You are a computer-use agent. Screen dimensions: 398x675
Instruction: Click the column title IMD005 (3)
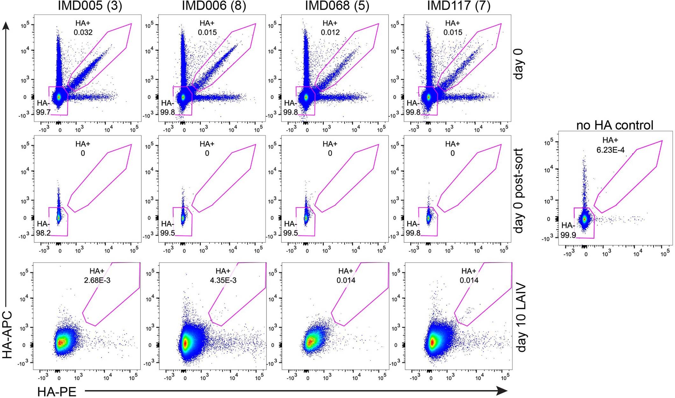tap(90, 6)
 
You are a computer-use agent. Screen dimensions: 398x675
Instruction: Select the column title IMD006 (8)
tap(214, 6)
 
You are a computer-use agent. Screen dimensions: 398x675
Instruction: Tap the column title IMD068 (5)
tap(337, 6)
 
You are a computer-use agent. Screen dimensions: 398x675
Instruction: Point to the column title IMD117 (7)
tap(458, 6)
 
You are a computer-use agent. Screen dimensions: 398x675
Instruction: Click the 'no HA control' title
tap(615, 125)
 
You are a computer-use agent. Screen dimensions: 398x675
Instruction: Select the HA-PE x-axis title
tap(57, 392)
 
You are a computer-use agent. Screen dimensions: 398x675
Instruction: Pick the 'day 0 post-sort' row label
tap(519, 191)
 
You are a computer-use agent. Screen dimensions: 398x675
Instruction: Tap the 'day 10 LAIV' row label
tap(521, 318)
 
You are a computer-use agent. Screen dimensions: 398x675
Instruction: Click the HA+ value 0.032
tap(83, 32)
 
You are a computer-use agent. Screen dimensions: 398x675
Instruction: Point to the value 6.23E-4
tap(610, 150)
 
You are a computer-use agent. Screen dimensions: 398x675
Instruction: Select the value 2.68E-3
tap(97, 281)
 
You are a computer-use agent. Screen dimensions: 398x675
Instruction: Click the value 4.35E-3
tap(223, 281)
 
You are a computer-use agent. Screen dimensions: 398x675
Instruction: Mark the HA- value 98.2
tap(43, 233)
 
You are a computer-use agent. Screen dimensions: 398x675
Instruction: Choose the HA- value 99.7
tap(43, 112)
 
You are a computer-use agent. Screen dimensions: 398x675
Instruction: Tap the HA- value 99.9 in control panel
tap(568, 235)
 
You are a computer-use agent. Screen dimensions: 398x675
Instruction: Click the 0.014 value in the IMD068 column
tap(346, 281)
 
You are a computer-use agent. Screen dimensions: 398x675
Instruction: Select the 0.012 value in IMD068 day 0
tap(330, 32)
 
